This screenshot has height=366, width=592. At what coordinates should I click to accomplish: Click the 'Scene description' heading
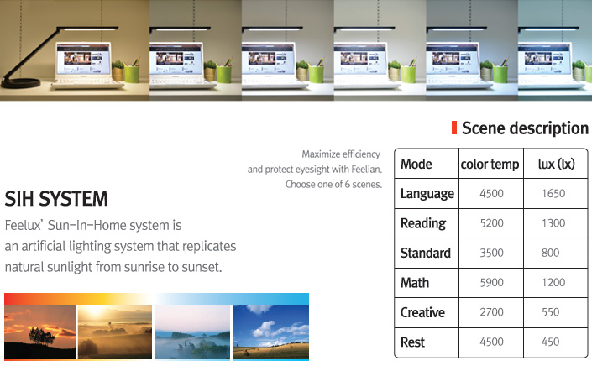(x=525, y=128)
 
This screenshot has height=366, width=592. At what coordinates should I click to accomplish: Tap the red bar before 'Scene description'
(x=454, y=128)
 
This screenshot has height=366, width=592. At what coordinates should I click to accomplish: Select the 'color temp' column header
(x=490, y=165)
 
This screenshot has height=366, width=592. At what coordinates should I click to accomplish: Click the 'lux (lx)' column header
(x=556, y=164)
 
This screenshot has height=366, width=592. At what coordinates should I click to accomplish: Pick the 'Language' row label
(x=427, y=194)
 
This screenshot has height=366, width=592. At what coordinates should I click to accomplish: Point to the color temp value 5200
(x=491, y=223)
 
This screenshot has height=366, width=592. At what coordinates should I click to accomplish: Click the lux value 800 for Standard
(x=550, y=253)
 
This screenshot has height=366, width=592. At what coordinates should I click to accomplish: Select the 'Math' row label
(x=415, y=283)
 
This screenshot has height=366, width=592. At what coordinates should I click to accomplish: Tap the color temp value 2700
(x=491, y=312)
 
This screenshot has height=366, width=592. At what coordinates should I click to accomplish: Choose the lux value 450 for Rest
(x=550, y=342)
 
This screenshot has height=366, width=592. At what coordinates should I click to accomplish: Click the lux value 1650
(x=553, y=194)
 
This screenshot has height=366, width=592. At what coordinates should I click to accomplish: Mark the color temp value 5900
(x=491, y=282)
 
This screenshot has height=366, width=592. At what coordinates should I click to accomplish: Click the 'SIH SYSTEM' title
(x=56, y=199)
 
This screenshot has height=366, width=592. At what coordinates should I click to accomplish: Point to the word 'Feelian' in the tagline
(x=366, y=170)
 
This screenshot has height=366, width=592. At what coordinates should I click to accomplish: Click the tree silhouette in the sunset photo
(x=41, y=336)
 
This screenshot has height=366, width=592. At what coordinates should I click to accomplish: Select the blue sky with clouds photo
(x=270, y=332)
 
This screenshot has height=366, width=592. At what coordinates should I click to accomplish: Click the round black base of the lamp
(x=20, y=82)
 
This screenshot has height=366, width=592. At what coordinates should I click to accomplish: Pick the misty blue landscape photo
(x=192, y=332)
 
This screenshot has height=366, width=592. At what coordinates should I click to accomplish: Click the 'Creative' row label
(x=422, y=312)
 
